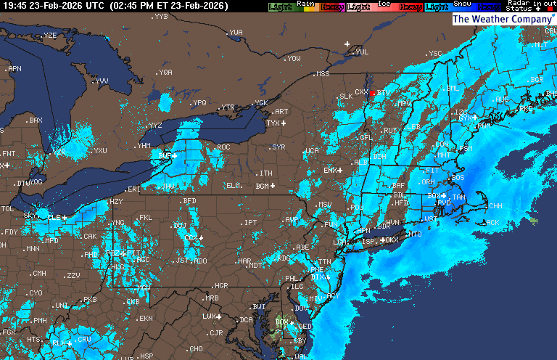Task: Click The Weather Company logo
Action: tap(502, 20)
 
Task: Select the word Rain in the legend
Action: tap(305, 4)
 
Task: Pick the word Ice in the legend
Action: tap(384, 4)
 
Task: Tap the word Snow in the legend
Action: tap(461, 4)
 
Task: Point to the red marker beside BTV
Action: tap(372, 93)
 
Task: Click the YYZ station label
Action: tap(154, 126)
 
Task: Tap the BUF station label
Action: tap(165, 155)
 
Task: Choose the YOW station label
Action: tap(294, 59)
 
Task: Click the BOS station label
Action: tap(458, 177)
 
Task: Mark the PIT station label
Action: tap(133, 253)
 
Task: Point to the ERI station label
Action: tap(134, 189)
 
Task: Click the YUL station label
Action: tap(362, 52)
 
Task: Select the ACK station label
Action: tap(493, 223)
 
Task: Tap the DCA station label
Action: tap(247, 320)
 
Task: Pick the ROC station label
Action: tap(223, 147)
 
